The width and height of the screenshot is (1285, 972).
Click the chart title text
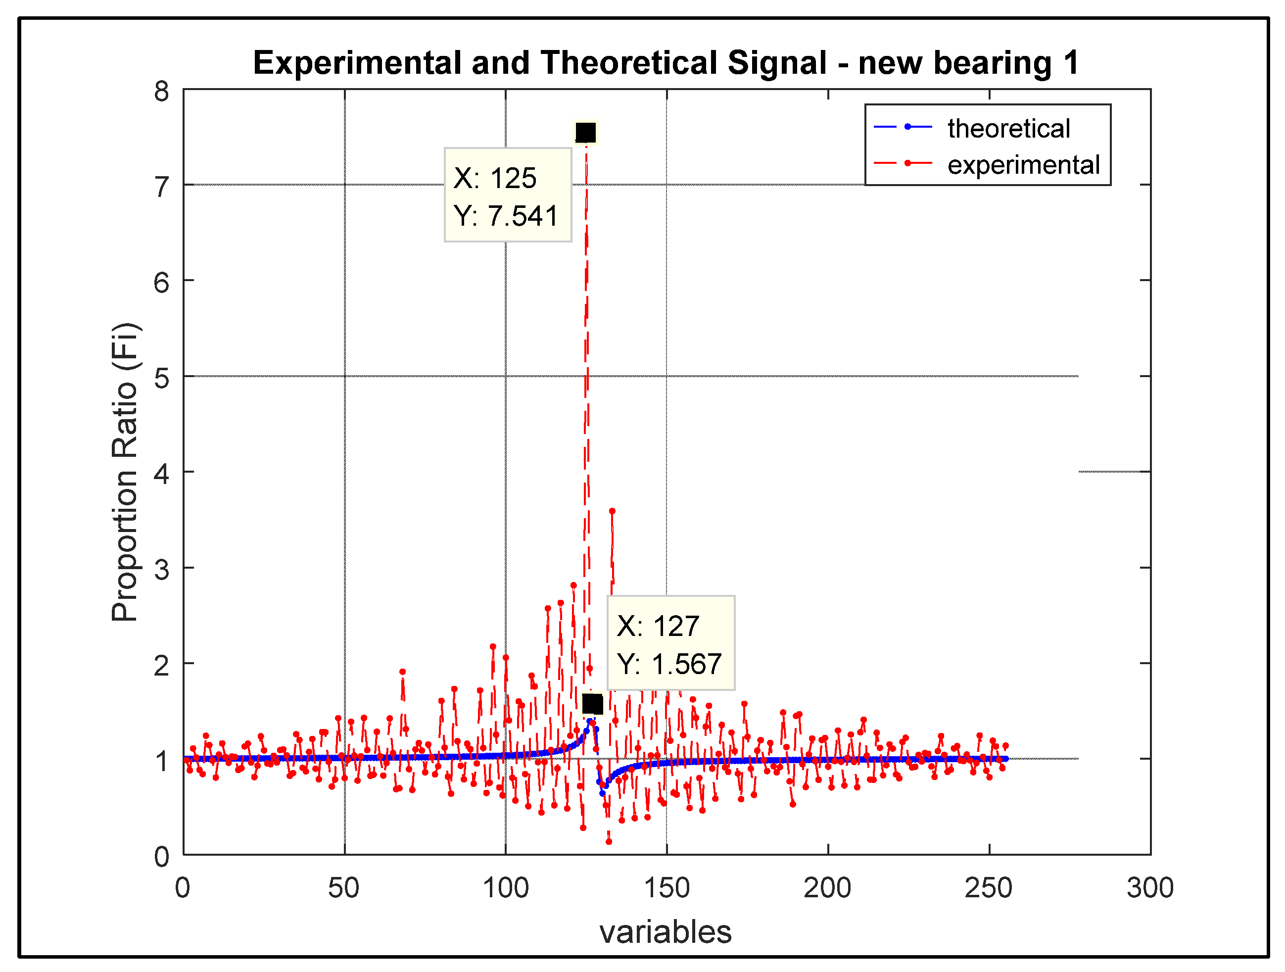click(666, 63)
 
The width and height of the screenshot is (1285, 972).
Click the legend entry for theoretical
click(1008, 128)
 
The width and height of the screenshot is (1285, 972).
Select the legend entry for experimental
click(1023, 165)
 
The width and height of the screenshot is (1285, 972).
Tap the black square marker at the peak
click(585, 133)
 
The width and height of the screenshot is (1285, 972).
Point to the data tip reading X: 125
click(508, 194)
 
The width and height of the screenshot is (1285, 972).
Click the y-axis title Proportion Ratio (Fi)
click(125, 472)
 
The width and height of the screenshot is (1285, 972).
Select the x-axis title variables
click(665, 932)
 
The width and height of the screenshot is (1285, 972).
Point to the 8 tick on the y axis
click(161, 92)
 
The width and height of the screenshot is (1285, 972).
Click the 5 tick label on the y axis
click(161, 378)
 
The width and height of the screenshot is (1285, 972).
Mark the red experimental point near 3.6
click(612, 511)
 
